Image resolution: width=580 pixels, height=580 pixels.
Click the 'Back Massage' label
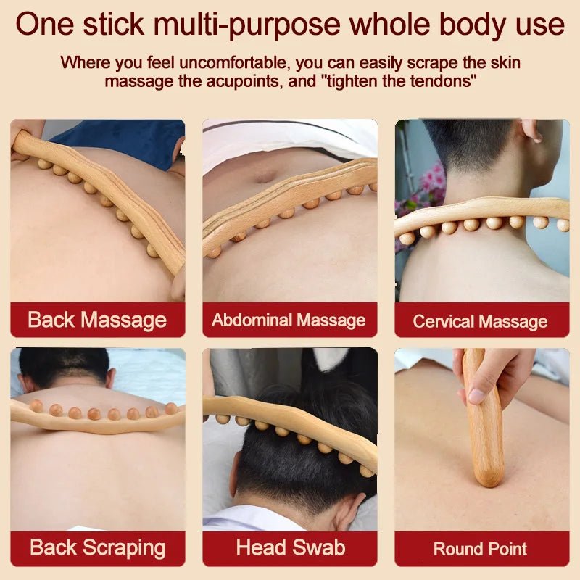(x=97, y=320)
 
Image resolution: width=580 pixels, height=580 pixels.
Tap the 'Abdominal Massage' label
(x=289, y=320)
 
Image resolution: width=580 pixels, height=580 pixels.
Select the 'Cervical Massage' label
(x=480, y=320)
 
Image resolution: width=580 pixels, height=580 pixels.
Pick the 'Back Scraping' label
(x=97, y=547)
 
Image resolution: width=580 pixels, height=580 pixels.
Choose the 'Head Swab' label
(x=289, y=547)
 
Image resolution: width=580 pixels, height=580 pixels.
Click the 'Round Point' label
(x=480, y=548)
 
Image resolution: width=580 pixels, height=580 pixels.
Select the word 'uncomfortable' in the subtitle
(x=221, y=62)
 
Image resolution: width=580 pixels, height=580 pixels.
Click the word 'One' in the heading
(x=45, y=25)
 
